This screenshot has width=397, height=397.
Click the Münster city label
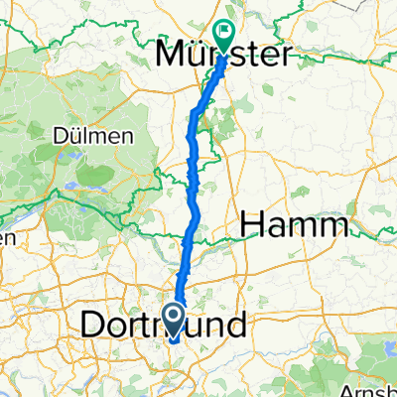click(x=227, y=56)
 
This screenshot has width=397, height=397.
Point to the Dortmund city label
click(x=165, y=325)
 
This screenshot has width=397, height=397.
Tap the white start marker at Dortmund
click(x=174, y=320)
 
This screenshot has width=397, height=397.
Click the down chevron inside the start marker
click(x=174, y=320)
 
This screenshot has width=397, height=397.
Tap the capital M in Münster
click(x=172, y=56)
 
